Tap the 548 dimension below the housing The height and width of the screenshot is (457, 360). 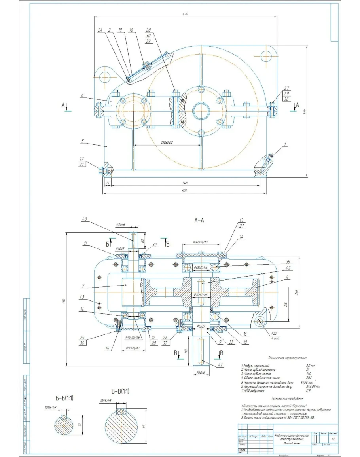tap(185, 183)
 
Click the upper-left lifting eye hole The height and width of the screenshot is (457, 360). tap(105, 76)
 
